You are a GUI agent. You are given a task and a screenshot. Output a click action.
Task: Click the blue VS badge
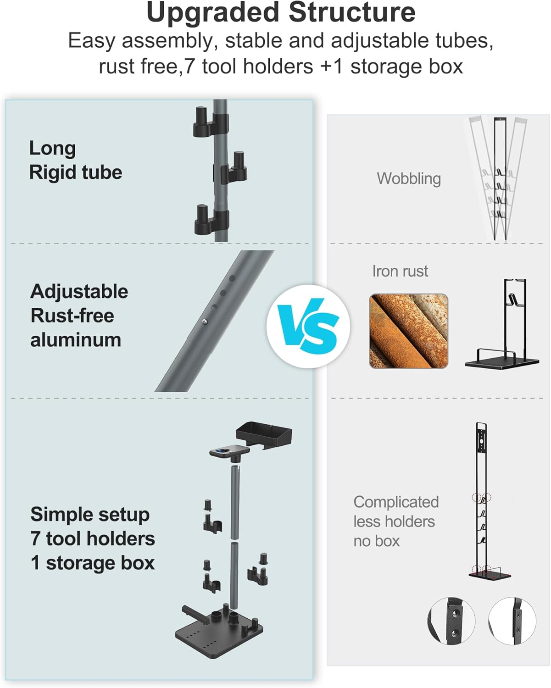(308, 326)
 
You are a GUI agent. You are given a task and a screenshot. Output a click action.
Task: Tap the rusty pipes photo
(408, 331)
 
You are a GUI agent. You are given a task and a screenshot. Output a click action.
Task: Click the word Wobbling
(408, 178)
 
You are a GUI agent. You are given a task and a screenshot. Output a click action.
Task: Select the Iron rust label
(400, 271)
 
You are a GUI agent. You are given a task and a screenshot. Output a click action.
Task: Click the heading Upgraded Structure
(280, 13)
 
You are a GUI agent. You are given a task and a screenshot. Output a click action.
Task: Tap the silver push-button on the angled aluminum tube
(204, 322)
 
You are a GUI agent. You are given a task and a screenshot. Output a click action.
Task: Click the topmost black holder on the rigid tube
(210, 122)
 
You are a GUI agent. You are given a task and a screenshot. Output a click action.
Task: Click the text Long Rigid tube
(75, 160)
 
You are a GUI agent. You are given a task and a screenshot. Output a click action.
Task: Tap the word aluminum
(76, 340)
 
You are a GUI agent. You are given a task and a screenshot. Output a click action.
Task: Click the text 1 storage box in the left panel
(92, 563)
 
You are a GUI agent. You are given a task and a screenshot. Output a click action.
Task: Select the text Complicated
(395, 502)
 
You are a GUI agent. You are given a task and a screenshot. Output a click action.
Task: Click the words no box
(376, 541)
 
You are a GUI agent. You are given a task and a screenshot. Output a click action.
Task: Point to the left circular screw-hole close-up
(451, 621)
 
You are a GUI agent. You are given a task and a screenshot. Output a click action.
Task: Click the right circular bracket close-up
(512, 621)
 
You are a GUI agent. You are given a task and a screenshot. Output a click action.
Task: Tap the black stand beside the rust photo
(501, 326)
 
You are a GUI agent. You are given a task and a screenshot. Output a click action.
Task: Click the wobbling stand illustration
(498, 178)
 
